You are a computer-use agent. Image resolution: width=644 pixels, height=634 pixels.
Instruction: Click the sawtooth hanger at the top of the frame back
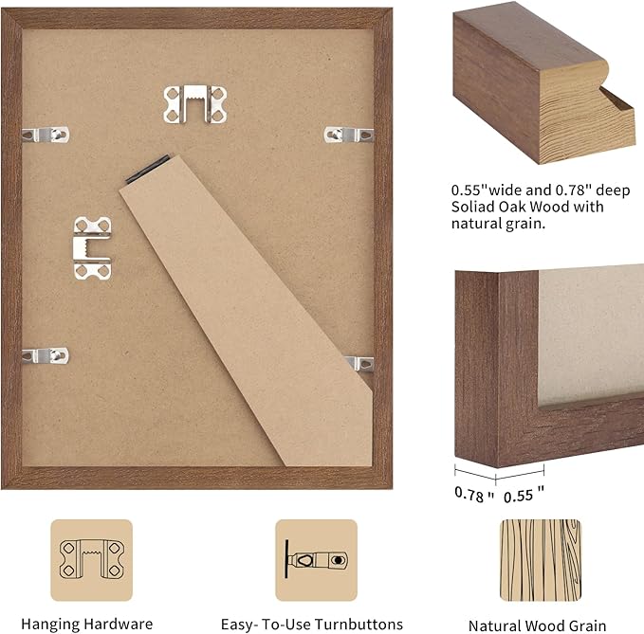[194, 103]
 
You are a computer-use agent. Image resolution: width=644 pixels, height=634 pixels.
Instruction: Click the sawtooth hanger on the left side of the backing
[92, 247]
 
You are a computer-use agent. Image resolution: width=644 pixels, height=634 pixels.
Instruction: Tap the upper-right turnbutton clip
[348, 135]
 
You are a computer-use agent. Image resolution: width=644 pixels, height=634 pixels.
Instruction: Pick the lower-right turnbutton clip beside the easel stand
[360, 363]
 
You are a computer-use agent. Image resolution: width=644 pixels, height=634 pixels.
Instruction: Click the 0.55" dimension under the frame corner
[523, 494]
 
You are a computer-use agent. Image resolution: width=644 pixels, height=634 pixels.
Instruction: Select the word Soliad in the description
[474, 206]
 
